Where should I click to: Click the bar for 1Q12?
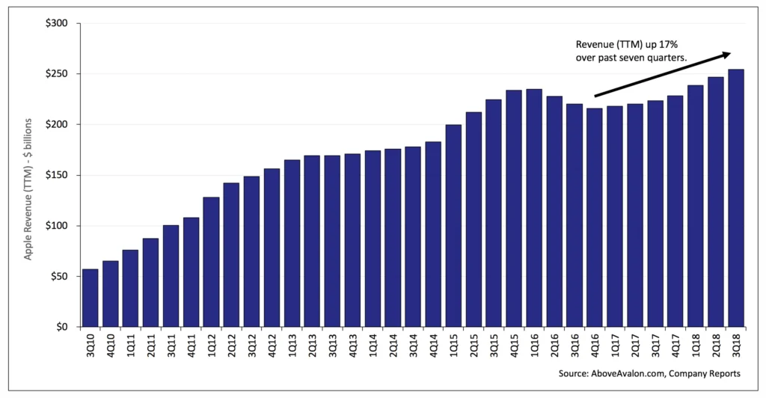click(x=211, y=262)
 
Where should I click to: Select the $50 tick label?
click(x=59, y=276)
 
